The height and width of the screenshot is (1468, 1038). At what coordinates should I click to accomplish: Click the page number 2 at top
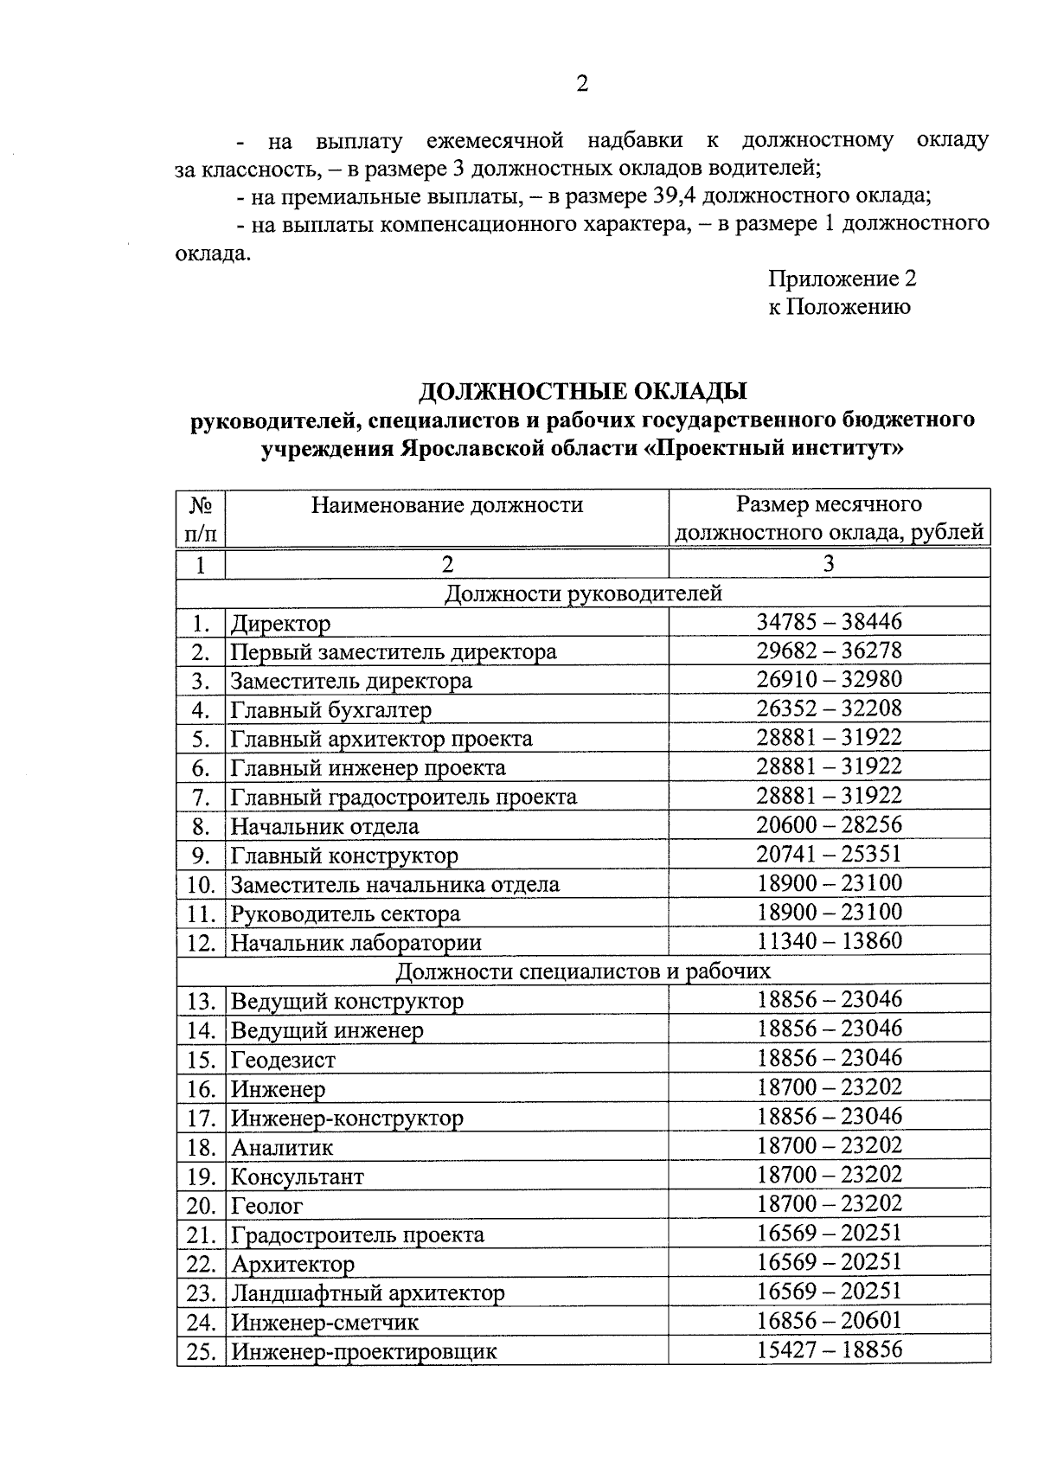581,84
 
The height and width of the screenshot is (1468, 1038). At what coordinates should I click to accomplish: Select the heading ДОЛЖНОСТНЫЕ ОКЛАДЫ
583,392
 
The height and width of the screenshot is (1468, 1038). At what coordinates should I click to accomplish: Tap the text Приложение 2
842,279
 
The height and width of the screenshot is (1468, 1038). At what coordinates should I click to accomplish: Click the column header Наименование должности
447,504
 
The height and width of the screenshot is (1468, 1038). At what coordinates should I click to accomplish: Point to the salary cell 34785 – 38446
830,621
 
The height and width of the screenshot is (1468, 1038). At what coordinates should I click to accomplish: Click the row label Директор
280,623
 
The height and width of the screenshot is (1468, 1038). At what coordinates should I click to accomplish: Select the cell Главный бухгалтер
330,710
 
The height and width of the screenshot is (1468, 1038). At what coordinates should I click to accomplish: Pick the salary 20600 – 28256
830,825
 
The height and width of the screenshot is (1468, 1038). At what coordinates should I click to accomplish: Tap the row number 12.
201,943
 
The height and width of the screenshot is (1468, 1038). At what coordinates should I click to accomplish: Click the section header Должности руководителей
583,593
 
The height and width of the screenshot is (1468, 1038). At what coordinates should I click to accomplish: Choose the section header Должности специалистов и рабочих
583,971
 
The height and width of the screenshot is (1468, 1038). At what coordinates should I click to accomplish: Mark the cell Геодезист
283,1060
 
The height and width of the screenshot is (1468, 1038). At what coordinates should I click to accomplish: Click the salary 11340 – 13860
830,941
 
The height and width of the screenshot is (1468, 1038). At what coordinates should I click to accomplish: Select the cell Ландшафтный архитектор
368,1293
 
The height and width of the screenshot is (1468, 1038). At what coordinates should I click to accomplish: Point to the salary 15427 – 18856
830,1349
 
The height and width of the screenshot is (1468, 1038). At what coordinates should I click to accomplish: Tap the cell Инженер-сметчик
324,1323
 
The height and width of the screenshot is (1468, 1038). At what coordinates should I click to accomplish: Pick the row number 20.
201,1205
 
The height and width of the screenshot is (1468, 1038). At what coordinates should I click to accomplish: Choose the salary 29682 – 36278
830,650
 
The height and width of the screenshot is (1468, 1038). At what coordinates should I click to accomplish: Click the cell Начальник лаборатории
356,943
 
